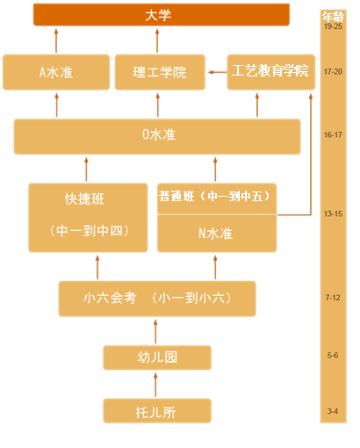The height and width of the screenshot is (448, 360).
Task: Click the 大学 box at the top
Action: click(x=161, y=15)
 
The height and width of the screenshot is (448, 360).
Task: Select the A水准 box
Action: click(x=55, y=72)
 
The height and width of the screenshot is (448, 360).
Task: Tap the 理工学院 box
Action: click(x=158, y=72)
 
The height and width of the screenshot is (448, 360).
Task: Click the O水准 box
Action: click(x=158, y=135)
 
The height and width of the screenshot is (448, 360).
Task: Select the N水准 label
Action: click(x=216, y=234)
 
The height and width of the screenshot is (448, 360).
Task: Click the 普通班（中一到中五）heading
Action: click(x=216, y=196)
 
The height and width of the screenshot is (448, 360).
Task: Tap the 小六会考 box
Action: click(x=157, y=298)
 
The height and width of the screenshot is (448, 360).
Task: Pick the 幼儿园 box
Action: click(x=157, y=357)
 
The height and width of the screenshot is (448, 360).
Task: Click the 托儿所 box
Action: click(x=157, y=410)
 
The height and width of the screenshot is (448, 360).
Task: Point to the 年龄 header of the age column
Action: click(x=333, y=16)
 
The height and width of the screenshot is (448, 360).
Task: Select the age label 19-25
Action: click(x=333, y=27)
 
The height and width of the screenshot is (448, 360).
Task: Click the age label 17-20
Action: click(x=333, y=71)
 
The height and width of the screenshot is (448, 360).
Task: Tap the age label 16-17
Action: click(x=333, y=135)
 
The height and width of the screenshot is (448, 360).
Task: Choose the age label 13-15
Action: click(x=333, y=213)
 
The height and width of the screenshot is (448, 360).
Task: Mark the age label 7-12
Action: click(x=333, y=298)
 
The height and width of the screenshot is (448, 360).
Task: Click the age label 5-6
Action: click(x=333, y=355)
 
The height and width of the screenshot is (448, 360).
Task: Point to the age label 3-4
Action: click(x=333, y=410)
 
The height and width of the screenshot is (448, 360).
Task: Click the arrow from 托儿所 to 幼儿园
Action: click(x=157, y=384)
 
